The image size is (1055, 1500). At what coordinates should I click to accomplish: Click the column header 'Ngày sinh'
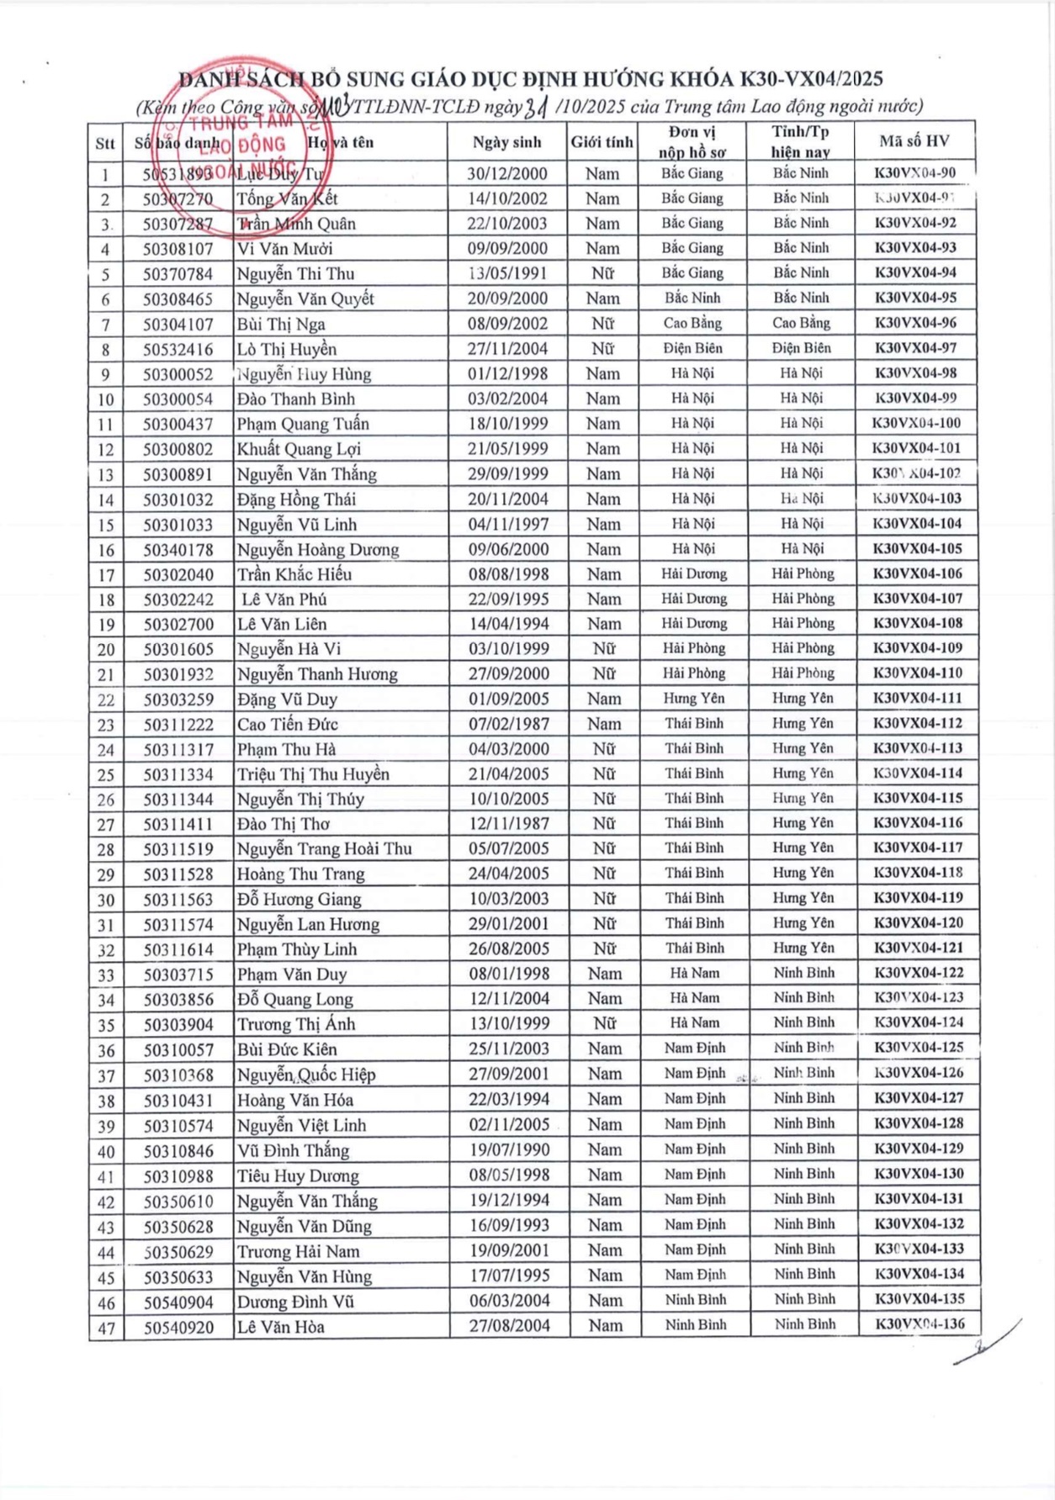[506, 142]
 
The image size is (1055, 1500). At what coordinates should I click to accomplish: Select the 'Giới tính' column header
[602, 142]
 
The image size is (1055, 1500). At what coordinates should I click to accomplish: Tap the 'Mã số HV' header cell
[915, 141]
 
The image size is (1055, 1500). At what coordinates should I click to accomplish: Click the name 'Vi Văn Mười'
[284, 249]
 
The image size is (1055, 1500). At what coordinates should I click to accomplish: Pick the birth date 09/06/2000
[507, 549]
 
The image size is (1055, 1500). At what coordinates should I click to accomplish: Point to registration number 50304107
[178, 325]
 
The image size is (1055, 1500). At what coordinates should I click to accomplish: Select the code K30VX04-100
[916, 423]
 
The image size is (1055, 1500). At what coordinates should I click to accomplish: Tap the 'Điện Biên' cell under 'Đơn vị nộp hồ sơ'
[692, 348]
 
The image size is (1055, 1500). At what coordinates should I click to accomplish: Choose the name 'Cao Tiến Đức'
[287, 724]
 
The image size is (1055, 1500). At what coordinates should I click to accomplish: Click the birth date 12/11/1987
[508, 824]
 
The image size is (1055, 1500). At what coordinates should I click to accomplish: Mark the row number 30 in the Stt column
[105, 900]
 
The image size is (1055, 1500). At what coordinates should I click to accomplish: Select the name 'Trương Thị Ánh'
[295, 1024]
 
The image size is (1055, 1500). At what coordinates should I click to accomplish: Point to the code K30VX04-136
[920, 1324]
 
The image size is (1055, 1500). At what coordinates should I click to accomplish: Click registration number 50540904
[178, 1302]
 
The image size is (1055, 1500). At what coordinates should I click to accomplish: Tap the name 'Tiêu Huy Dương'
[298, 1175]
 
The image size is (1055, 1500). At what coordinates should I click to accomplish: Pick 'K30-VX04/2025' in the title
[811, 79]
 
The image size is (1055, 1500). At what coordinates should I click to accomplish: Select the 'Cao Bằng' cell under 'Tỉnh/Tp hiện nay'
[801, 323]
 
